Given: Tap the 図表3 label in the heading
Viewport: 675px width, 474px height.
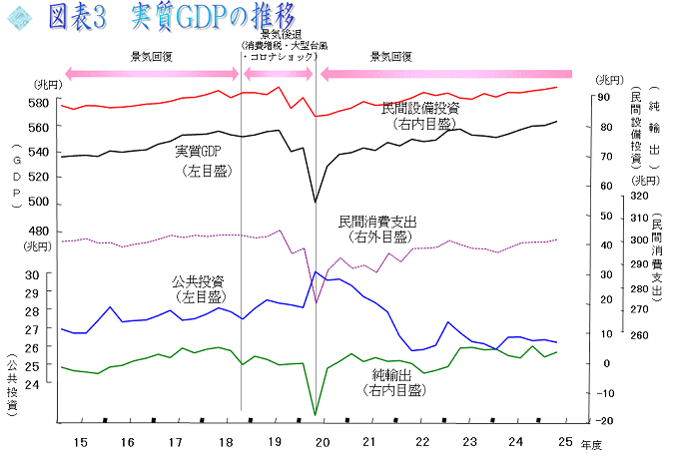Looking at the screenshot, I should pyautogui.click(x=82, y=17).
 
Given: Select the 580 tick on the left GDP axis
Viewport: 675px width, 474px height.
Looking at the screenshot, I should pyautogui.click(x=39, y=104).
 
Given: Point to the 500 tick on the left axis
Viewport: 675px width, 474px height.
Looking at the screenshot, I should pyautogui.click(x=39, y=202).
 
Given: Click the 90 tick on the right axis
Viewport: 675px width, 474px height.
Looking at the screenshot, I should pyautogui.click(x=603, y=97).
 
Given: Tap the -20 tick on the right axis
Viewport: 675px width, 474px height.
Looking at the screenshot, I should pyautogui.click(x=604, y=420).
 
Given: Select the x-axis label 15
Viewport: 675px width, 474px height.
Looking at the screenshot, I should pyautogui.click(x=80, y=441).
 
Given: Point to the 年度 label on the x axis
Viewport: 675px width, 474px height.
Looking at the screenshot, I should pyautogui.click(x=593, y=442).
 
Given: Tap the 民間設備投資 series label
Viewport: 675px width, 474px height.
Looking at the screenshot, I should pyautogui.click(x=420, y=108).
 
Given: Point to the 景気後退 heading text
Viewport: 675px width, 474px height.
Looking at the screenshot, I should pyautogui.click(x=279, y=35).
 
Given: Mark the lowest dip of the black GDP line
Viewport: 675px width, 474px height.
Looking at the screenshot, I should pyautogui.click(x=316, y=203).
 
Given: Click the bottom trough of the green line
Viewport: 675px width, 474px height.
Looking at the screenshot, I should pyautogui.click(x=316, y=414).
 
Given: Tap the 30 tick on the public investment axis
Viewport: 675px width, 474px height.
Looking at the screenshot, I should pyautogui.click(x=32, y=275).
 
